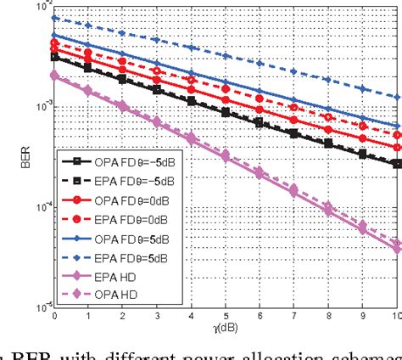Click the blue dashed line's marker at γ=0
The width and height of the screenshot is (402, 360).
point(54,18)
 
